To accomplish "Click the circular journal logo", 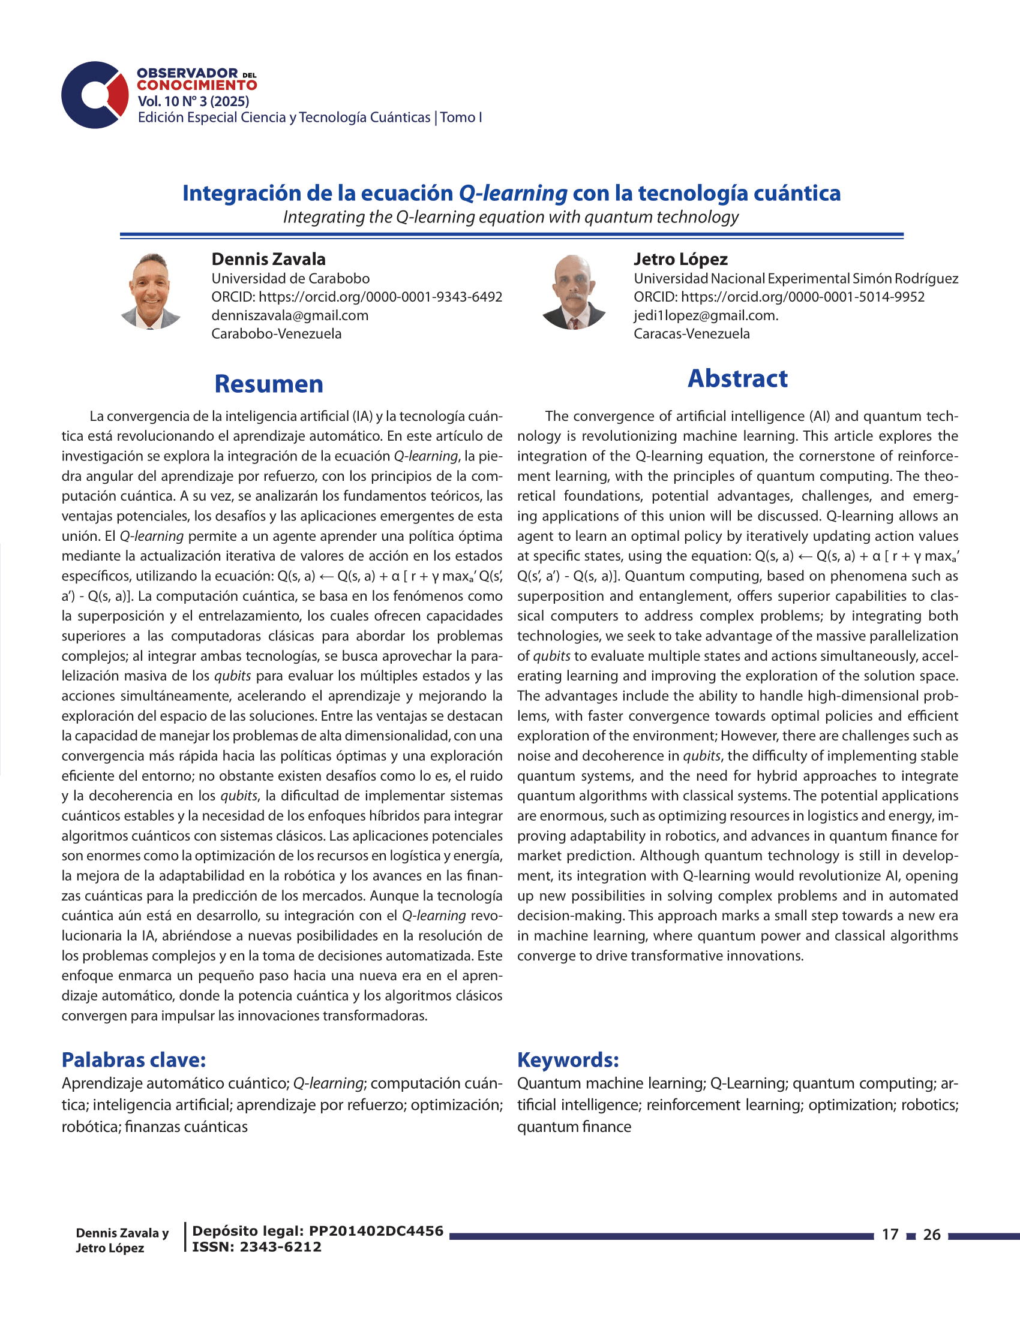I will tap(95, 95).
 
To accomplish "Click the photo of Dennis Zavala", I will tap(151, 292).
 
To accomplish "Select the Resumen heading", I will tap(269, 384).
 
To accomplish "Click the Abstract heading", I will tap(737, 379).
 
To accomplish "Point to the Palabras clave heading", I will tap(134, 1060).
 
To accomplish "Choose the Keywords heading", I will tap(568, 1060).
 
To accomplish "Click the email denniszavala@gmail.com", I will tap(290, 315).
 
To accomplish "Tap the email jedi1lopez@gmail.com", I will tap(706, 315).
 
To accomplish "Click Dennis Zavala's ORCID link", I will tap(380, 297).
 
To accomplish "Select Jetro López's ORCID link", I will tap(802, 297).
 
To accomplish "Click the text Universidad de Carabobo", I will tap(290, 278).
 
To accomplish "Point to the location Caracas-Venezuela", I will tap(691, 333).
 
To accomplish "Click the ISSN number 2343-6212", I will tap(280, 1246).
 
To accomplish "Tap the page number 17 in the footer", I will tap(890, 1234).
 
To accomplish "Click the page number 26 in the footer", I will tap(932, 1234).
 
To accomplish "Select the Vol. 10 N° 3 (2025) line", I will tap(193, 101).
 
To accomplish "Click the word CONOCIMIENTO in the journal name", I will tap(197, 86).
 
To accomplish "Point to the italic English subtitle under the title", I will tap(511, 217).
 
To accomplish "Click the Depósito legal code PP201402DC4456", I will tap(376, 1231).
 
